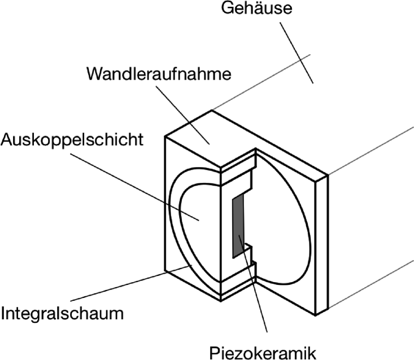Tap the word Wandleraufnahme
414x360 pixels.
159,74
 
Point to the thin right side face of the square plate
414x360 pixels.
322,243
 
